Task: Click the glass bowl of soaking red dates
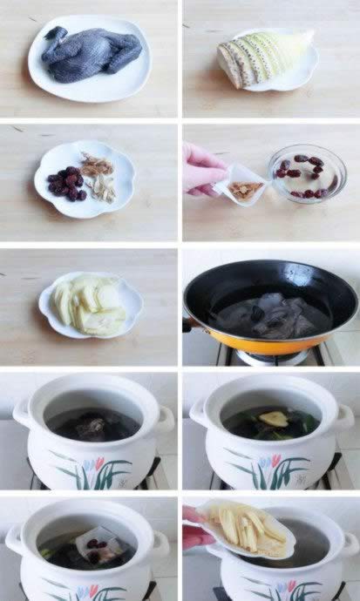click(307, 173)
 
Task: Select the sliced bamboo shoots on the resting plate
click(90, 304)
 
